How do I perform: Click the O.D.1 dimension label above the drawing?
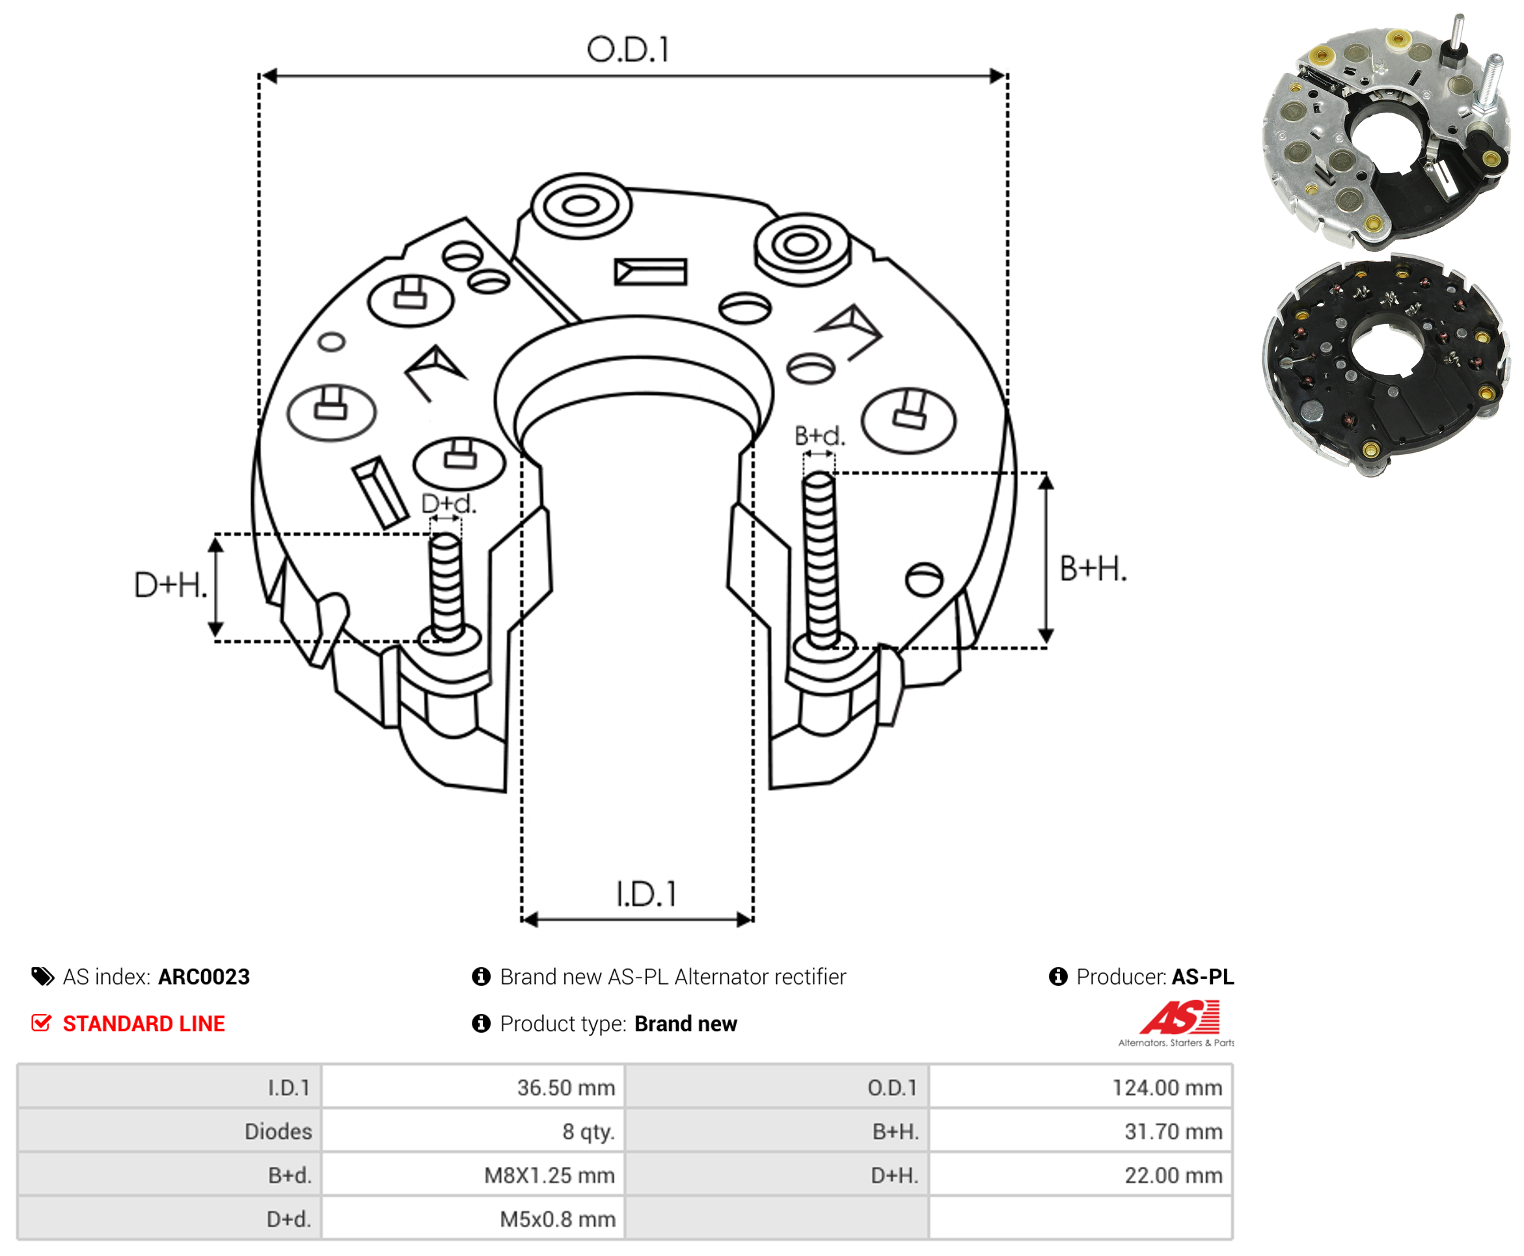tap(628, 50)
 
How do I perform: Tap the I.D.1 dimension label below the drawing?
tap(646, 894)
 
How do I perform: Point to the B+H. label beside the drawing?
tap(1093, 569)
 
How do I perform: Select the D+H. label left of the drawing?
tap(170, 584)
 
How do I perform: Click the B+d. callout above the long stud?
tap(819, 435)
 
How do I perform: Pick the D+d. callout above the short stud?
tap(448, 504)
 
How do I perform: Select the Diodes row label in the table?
tap(279, 1132)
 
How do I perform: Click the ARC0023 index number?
tap(204, 977)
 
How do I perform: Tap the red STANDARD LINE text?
tap(144, 1024)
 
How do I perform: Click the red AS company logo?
tap(1180, 1017)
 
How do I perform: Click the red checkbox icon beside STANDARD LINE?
tap(41, 1023)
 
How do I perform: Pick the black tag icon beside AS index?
tap(43, 977)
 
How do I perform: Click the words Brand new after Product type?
tap(686, 1024)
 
